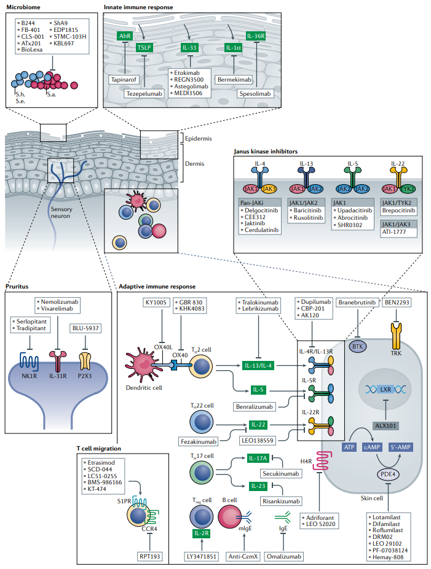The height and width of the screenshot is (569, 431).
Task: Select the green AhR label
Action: tap(124, 36)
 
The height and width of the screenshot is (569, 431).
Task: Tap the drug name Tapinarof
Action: tap(124, 80)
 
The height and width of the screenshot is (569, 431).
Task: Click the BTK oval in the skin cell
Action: tap(358, 347)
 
